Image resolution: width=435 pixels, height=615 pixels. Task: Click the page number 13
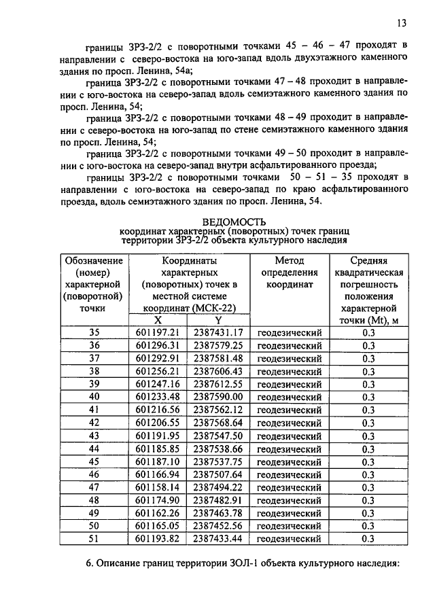coord(402,23)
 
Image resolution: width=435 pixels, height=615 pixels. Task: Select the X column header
coord(158,320)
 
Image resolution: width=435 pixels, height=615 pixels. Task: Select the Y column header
coord(218,320)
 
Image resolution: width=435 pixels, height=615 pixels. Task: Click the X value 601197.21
coord(157,332)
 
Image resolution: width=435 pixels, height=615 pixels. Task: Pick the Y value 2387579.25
coord(217,345)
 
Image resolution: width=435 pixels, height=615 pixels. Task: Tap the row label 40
coord(94,397)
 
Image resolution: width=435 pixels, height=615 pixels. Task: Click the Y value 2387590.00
coord(217,397)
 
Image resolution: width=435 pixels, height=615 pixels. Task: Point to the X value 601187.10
coord(157,461)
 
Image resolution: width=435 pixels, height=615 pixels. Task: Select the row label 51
coord(94,539)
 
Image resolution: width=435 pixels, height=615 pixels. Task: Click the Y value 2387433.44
coord(217,539)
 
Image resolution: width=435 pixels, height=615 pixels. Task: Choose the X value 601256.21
coord(157,371)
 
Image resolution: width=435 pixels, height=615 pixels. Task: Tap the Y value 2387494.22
coord(217,487)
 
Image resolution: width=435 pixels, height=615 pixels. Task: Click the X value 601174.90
coord(157,500)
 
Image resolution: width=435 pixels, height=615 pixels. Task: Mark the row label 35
coord(94,332)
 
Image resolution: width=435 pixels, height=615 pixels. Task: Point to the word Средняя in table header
coord(368,260)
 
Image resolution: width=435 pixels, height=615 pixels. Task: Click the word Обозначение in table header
coord(94,260)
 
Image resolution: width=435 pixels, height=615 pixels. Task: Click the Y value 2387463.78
coord(217,513)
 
